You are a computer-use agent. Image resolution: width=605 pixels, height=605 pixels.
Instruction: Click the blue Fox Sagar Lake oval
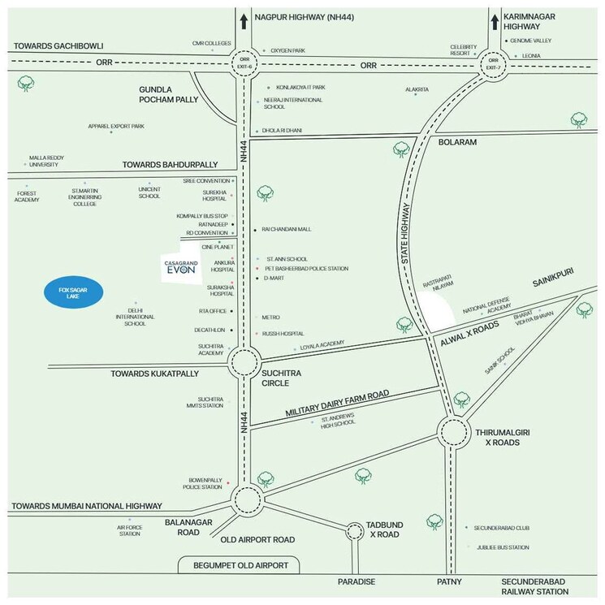coord(69,292)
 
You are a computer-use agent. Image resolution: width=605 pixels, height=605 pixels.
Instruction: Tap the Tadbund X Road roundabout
coord(354,532)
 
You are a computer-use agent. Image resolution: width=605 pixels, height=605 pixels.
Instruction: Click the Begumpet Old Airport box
coord(239,564)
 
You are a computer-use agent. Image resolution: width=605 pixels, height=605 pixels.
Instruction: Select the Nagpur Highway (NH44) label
coord(305,15)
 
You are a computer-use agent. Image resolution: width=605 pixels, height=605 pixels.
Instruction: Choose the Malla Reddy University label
coord(45,161)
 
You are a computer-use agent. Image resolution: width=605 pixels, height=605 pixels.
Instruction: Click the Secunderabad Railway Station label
coord(534,586)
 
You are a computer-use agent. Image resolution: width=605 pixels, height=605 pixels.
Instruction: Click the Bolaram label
coord(456,141)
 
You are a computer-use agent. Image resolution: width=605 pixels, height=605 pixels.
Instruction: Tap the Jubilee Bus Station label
coord(503,547)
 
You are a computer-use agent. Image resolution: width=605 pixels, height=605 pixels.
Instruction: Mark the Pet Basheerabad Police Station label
coord(305,268)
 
